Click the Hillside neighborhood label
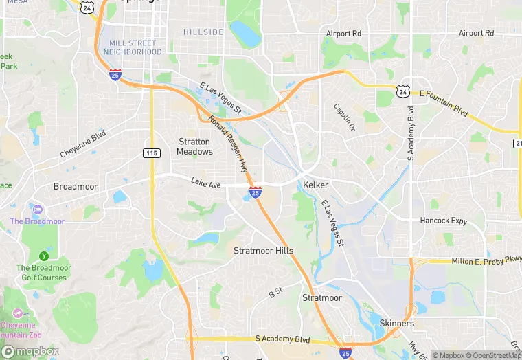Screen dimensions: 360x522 (203, 32)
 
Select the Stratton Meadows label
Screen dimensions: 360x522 (194, 146)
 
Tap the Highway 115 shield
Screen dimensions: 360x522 (151, 152)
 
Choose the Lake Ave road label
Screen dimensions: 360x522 (206, 183)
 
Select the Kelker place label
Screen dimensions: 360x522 (315, 185)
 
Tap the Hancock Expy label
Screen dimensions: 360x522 (443, 221)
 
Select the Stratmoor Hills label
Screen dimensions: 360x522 (263, 251)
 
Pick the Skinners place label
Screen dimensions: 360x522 (396, 323)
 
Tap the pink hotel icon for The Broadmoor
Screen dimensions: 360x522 (37, 208)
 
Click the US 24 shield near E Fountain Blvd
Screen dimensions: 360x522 (402, 91)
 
